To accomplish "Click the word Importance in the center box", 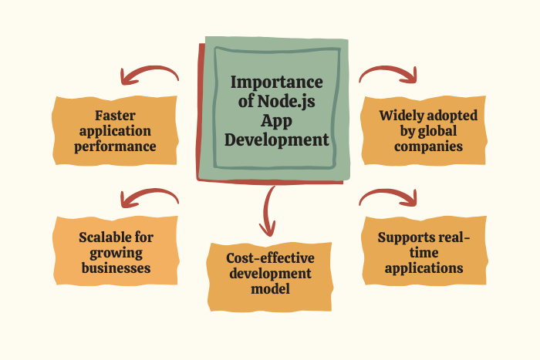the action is point(276,82).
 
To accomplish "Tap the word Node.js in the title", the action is point(286,102).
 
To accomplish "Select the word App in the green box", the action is point(276,121).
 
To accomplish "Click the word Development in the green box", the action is point(276,140).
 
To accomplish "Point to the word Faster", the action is point(115,116).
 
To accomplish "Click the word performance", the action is point(115,147).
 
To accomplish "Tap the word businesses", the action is point(116,268).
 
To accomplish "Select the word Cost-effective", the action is point(270,258).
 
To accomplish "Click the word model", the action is point(270,289).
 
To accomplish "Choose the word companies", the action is point(428,146).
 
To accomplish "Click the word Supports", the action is point(402,237).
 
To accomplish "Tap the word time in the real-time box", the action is point(424,253).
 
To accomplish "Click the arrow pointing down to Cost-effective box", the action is point(268,211).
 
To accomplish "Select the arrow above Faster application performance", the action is point(149,75).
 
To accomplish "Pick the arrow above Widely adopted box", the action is point(388,74).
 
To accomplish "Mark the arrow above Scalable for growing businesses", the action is point(149,198).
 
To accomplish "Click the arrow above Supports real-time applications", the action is point(388,197).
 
